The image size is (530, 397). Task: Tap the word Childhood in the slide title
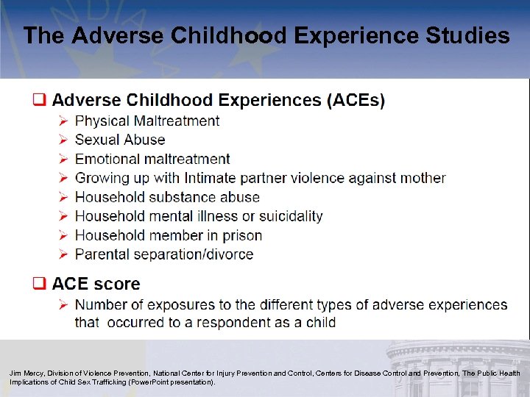point(221,35)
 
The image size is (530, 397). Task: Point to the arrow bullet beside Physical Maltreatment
point(63,121)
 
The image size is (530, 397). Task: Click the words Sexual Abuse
point(120,140)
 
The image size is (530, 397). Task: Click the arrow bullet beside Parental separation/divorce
point(63,254)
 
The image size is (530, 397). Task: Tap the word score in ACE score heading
point(116,284)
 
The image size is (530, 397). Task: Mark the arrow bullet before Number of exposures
point(63,304)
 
